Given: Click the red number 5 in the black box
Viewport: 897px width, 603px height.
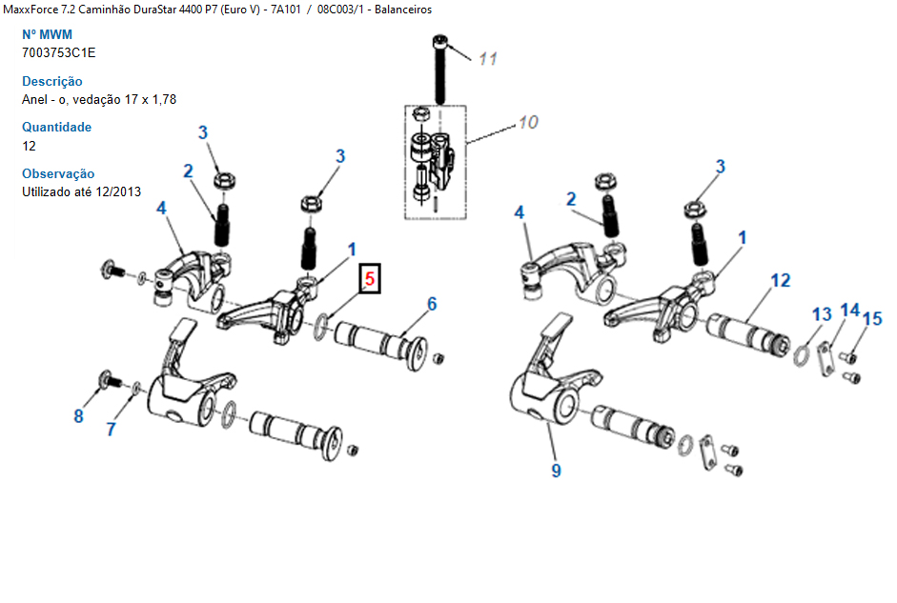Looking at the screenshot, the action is click(370, 279).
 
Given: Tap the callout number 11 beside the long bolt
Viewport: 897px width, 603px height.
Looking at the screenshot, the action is click(488, 59).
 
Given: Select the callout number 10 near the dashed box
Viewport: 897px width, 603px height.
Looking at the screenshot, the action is click(528, 122).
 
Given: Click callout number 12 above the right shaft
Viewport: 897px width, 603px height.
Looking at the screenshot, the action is click(781, 280).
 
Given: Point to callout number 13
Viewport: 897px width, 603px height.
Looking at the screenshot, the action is click(822, 313).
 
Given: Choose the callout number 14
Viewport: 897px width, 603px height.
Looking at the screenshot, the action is click(850, 310).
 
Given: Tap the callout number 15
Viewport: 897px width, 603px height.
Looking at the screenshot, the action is click(872, 318).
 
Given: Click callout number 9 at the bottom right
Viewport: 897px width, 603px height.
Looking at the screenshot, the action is click(556, 471).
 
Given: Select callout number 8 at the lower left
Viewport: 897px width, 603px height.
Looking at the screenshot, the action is click(78, 416).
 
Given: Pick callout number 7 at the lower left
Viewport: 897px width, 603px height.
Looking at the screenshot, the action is click(111, 429).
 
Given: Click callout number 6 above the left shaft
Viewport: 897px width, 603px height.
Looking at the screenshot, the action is click(432, 304).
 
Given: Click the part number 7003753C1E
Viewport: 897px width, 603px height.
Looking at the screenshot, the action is click(58, 52).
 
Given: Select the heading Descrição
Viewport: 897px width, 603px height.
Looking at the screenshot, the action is click(52, 81).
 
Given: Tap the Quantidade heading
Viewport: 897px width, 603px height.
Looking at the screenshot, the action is click(56, 127).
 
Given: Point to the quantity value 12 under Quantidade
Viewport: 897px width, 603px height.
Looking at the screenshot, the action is click(29, 146).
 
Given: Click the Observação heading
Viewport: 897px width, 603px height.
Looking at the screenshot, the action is click(58, 173).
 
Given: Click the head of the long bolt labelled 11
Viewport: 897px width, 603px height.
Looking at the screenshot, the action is click(439, 42).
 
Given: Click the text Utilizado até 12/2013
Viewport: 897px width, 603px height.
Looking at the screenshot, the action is click(81, 191).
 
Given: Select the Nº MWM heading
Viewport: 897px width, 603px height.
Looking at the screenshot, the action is click(47, 34).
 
